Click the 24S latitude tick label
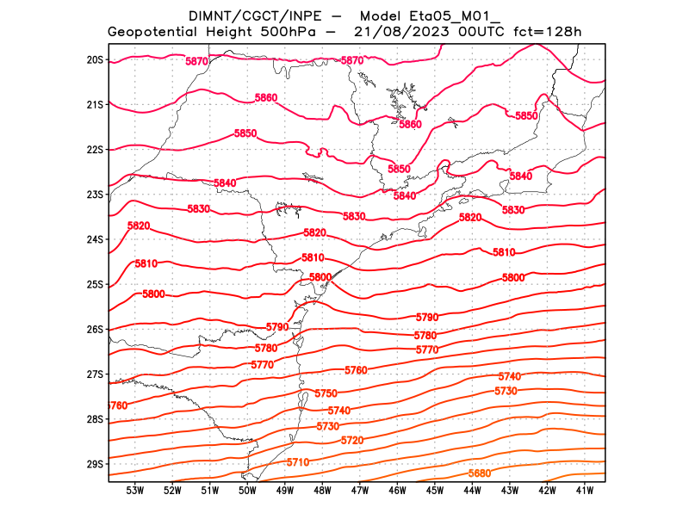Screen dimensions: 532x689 95,239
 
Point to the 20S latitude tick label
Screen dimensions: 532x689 95,59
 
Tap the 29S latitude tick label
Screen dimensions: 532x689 95,464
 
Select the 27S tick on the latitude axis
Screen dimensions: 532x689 95,374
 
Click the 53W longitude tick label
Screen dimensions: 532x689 134,491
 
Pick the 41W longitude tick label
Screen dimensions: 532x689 585,491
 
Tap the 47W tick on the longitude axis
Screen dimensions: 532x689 360,491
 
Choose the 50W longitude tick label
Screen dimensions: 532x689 247,491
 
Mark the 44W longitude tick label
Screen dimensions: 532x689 472,491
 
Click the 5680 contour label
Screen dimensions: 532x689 480,473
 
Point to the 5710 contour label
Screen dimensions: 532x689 298,462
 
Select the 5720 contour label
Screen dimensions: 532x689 352,441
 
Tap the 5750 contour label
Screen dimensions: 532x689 326,393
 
